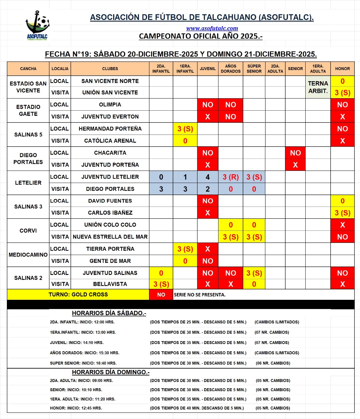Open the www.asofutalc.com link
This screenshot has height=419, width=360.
point(212,28)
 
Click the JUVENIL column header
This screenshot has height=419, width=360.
point(208,69)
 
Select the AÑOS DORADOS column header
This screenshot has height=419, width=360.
point(231,69)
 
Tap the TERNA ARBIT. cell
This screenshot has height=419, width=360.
point(318,87)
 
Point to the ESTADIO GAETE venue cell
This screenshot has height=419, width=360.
point(28,110)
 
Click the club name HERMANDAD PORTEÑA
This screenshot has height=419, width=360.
point(110,129)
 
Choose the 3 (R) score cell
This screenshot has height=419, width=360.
point(231,177)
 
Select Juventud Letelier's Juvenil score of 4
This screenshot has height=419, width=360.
point(208,177)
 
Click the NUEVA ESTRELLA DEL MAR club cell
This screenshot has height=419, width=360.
point(110,237)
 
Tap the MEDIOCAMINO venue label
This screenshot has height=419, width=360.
point(28,255)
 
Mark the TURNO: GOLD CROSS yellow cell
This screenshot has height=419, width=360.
point(78,295)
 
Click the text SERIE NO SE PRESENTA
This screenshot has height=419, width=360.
point(199,295)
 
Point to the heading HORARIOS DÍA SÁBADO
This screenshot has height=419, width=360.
point(109,313)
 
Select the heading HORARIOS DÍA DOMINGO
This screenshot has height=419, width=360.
point(111,372)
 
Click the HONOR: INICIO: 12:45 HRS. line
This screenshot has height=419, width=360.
point(76,408)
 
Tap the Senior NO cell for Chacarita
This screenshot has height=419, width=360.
point(295,153)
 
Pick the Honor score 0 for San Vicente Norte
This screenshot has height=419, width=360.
point(342,81)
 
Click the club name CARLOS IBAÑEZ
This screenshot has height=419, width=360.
point(110,213)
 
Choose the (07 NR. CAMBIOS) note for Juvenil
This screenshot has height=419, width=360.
point(272,343)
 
